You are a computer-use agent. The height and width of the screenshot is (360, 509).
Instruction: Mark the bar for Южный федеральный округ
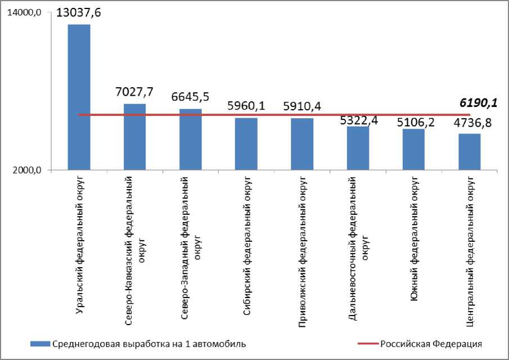[x=413, y=150]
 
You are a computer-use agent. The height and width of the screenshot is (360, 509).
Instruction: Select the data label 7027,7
[x=134, y=92]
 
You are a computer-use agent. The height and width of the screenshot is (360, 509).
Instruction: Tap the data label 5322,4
[x=358, y=119]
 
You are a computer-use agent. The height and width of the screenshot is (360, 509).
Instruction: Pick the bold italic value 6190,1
[x=478, y=102]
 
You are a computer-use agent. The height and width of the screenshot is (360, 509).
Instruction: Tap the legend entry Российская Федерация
[x=431, y=343]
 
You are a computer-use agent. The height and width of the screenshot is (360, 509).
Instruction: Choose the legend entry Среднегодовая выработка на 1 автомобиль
[x=148, y=343]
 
